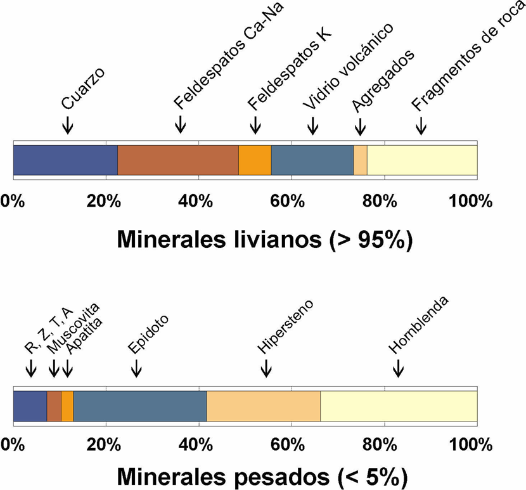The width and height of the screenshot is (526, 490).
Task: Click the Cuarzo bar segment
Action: point(65,160)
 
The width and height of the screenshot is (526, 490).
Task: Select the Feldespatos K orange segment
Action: point(255,160)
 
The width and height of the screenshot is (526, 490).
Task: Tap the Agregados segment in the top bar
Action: point(360,160)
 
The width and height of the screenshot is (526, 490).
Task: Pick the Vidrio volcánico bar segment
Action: point(312,160)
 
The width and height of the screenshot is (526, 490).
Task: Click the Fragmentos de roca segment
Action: point(421,160)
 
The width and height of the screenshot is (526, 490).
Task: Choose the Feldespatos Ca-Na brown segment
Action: point(178,160)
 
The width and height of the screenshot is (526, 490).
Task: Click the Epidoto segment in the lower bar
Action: point(140,406)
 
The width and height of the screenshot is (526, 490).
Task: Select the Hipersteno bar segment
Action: point(264,406)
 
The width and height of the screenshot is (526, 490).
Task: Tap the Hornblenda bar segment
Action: point(399,406)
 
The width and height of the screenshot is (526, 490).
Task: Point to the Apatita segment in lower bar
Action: point(67,406)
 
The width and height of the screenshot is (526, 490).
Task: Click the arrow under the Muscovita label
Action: point(55,367)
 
